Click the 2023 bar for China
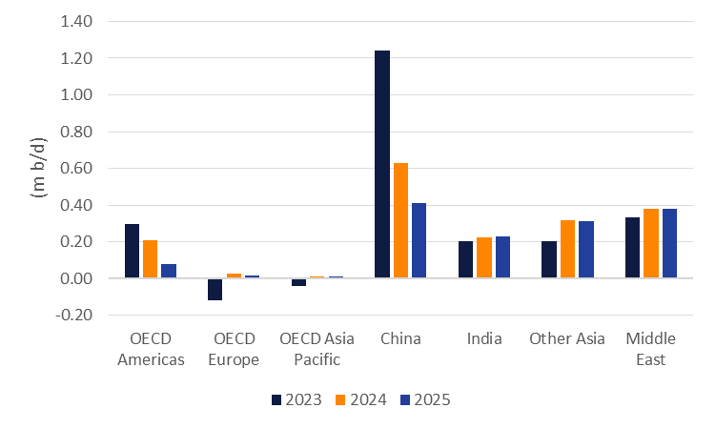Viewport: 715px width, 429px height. (382, 164)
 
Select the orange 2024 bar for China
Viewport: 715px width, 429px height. (400, 220)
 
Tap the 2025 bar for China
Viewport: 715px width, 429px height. (419, 240)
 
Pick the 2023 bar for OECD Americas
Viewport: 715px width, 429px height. (133, 252)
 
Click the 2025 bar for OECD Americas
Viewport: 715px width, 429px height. (169, 271)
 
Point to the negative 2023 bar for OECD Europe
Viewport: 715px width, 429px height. (215, 289)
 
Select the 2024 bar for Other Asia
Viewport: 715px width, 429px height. (567, 249)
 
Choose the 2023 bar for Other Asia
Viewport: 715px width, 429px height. (548, 259)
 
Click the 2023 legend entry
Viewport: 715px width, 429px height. (296, 399)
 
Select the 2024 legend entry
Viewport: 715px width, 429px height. (359, 399)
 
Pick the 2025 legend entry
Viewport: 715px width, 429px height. (423, 399)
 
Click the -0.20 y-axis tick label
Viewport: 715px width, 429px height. (74, 316)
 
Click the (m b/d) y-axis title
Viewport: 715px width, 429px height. (40, 169)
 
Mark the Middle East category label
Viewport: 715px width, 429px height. (652, 348)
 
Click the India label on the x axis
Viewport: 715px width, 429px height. (484, 338)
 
